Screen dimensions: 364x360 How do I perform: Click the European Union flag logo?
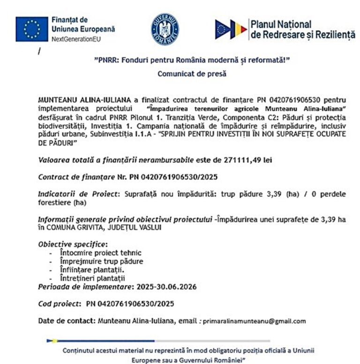31,29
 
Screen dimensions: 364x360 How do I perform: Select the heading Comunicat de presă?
185,74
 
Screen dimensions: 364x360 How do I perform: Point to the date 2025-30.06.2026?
166,287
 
